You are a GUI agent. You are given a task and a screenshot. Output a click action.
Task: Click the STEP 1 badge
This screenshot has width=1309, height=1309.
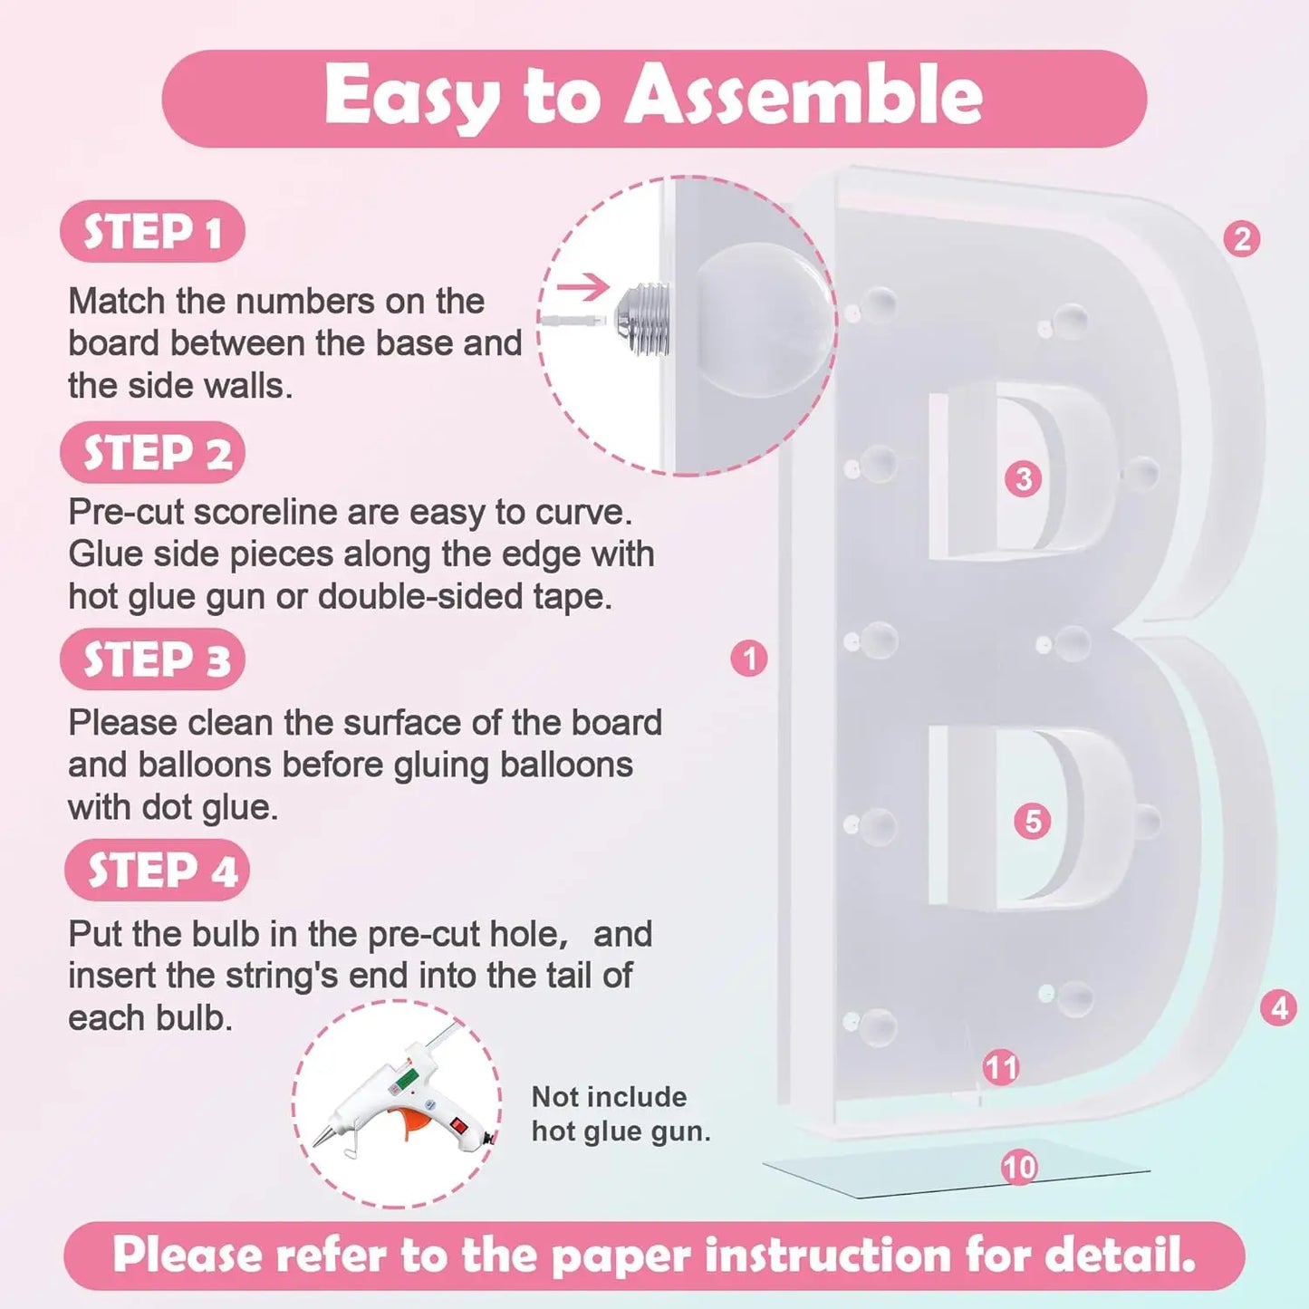152,231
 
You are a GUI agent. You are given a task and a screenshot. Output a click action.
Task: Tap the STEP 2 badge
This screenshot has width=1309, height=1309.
152,452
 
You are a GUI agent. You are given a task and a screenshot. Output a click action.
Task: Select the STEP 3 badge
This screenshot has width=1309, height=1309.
152,659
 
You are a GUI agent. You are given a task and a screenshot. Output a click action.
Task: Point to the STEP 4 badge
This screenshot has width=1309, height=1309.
157,870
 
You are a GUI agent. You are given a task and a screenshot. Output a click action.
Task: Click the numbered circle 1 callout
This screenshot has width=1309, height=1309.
749,659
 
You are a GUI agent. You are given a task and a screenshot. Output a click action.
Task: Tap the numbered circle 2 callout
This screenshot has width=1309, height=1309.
1242,239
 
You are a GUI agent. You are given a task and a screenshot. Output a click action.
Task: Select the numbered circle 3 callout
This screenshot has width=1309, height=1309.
1024,479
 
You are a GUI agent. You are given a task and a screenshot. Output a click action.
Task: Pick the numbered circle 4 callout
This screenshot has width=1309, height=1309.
1279,1008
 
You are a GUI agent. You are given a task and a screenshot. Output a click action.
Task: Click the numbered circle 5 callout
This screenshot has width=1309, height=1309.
1033,822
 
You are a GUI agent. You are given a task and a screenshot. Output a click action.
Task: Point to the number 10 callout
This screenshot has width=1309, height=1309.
1020,1168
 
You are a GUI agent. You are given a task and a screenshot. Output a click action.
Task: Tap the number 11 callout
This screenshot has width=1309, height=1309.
1001,1068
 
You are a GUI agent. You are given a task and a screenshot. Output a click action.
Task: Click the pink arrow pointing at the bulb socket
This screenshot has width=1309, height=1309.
582,286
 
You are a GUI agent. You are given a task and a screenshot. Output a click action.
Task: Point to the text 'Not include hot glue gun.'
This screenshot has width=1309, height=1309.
621,1114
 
